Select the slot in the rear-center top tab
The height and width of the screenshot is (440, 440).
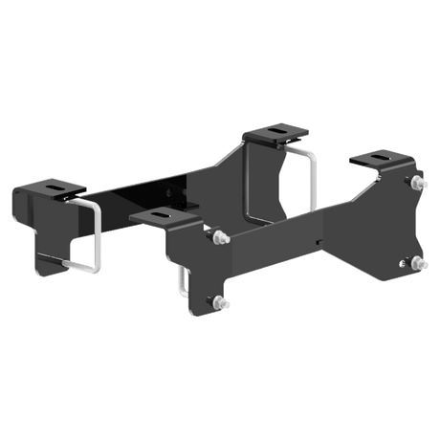[x=276, y=133]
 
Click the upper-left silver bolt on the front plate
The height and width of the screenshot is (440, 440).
[x=216, y=235]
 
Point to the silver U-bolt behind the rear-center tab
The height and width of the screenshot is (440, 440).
[x=303, y=172]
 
